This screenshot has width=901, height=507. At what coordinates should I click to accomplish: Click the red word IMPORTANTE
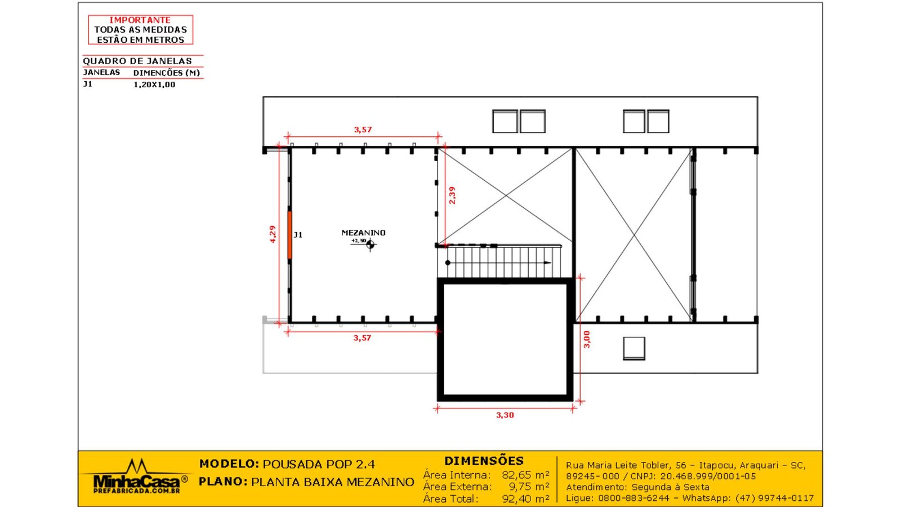point(140,20)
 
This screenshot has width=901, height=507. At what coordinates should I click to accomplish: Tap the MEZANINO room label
point(363,233)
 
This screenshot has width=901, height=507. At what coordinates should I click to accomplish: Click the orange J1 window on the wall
point(290,235)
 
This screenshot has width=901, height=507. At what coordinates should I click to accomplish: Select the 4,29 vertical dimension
point(273,234)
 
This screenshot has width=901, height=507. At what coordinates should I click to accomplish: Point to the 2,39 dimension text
point(452,195)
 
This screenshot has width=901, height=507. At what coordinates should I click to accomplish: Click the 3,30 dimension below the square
point(505,415)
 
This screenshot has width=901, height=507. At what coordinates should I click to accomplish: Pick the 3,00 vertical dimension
point(586,339)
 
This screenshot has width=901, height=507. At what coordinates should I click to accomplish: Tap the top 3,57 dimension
point(363,130)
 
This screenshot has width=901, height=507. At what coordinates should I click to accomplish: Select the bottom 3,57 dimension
point(362,338)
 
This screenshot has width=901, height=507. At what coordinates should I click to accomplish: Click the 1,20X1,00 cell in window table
point(154,84)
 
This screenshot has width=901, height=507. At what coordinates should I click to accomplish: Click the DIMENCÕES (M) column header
point(166,73)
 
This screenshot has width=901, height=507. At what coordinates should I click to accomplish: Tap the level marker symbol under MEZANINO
point(370,244)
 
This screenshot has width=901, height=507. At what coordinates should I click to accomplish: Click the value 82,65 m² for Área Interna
point(525,475)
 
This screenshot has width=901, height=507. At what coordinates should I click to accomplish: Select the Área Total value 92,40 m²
point(525,499)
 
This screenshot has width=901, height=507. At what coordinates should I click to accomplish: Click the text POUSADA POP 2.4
point(319,464)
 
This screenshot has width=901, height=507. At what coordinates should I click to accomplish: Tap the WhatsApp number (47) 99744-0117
point(774,498)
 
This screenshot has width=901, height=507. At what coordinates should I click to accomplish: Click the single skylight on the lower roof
point(634,348)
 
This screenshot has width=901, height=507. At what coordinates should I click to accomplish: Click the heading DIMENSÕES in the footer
point(484,461)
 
